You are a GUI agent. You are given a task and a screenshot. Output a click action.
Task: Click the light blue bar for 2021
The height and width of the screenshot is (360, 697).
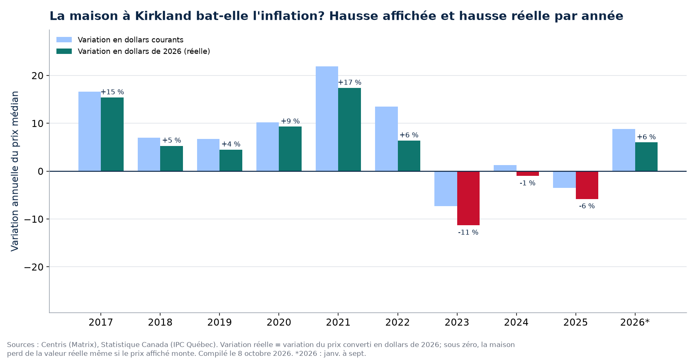click(327, 119)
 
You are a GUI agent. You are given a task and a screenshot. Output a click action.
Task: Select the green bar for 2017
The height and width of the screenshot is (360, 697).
click(112, 134)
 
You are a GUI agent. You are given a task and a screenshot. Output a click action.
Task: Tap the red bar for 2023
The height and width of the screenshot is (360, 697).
click(468, 198)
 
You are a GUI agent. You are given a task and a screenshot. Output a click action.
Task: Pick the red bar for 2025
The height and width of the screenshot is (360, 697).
click(587, 185)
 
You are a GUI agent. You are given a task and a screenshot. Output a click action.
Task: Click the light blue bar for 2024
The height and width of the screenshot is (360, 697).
click(505, 168)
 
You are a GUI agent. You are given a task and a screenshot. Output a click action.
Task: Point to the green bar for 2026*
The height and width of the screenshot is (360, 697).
click(646, 157)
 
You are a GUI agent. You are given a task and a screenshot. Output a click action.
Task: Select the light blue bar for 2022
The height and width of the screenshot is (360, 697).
click(386, 139)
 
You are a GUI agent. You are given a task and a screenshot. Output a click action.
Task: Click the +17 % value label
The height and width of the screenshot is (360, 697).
click(349, 83)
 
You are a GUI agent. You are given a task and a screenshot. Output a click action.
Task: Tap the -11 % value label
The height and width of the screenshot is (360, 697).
click(468, 232)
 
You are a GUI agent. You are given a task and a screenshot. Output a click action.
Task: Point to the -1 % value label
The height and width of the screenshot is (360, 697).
click(527, 183)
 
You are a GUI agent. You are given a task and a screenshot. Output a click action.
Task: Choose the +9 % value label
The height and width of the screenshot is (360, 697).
click(290, 121)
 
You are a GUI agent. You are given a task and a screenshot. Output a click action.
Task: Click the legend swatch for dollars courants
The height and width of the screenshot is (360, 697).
click(64, 40)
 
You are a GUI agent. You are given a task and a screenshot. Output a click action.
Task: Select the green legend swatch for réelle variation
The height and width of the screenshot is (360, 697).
click(64, 51)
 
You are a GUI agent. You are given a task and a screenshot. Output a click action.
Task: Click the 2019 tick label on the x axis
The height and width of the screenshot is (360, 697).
click(219, 322)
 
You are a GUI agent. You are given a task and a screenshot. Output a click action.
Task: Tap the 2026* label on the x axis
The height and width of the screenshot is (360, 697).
click(635, 322)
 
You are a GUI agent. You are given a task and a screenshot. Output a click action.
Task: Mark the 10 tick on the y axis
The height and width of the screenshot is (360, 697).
click(38, 124)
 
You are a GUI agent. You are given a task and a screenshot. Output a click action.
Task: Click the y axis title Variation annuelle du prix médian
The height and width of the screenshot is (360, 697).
click(15, 171)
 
